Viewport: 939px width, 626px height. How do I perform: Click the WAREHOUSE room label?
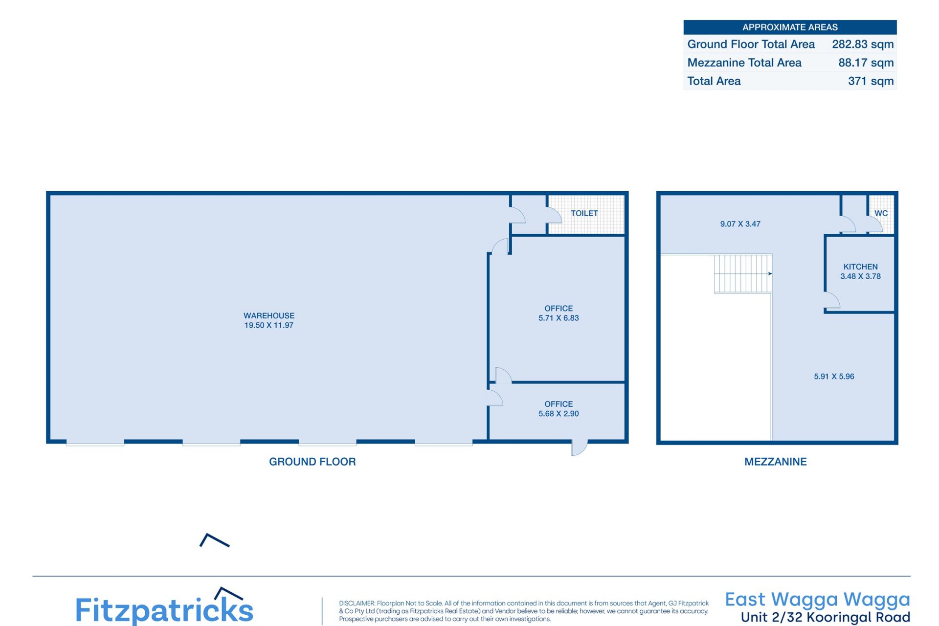pyautogui.click(x=269, y=315)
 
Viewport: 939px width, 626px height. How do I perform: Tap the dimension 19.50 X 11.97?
pyautogui.click(x=269, y=325)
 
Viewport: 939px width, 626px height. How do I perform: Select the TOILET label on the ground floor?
pyautogui.click(x=584, y=213)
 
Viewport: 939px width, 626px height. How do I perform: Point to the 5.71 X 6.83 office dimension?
pyautogui.click(x=559, y=318)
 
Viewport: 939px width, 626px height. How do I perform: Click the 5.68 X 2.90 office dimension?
pyautogui.click(x=559, y=414)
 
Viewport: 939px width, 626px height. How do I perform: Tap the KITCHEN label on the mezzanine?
pyautogui.click(x=861, y=267)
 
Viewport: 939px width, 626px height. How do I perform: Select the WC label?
pyautogui.click(x=881, y=213)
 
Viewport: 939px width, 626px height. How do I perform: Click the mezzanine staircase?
pyautogui.click(x=743, y=273)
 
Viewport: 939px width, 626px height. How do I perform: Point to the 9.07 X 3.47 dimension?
pyautogui.click(x=740, y=224)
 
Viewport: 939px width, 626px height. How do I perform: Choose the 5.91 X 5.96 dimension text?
pyautogui.click(x=834, y=377)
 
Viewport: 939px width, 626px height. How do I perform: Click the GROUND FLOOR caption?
pyautogui.click(x=313, y=462)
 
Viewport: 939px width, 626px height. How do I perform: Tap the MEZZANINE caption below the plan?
pyautogui.click(x=776, y=462)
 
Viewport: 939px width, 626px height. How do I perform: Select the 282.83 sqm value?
pyautogui.click(x=863, y=44)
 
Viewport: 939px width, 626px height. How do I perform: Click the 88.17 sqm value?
pyautogui.click(x=866, y=63)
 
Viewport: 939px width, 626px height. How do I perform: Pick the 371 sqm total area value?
pyautogui.click(x=871, y=81)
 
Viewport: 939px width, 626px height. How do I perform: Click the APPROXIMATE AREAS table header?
pyautogui.click(x=790, y=27)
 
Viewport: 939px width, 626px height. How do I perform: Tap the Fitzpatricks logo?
pyautogui.click(x=164, y=607)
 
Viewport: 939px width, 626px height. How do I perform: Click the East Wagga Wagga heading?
pyautogui.click(x=818, y=600)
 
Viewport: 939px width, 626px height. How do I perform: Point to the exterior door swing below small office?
pyautogui.click(x=579, y=448)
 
